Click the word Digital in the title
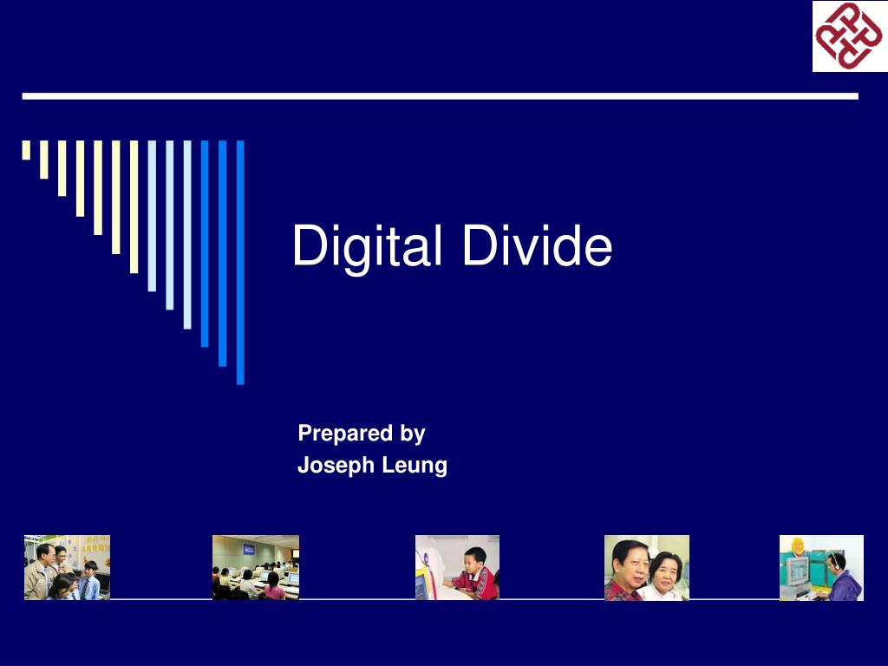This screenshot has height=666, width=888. coord(369,246)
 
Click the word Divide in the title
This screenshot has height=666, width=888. coord(537,245)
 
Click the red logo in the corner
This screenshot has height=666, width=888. coord(848,36)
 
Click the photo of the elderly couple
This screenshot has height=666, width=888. coord(647,568)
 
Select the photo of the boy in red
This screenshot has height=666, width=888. coord(457,568)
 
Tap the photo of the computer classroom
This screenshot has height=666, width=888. coord(256,568)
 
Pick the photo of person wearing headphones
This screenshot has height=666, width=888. coord(821,568)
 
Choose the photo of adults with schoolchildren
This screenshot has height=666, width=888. coord(67,568)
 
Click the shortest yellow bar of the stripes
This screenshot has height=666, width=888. coord(26,150)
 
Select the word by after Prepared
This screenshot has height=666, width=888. coord(412,433)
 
